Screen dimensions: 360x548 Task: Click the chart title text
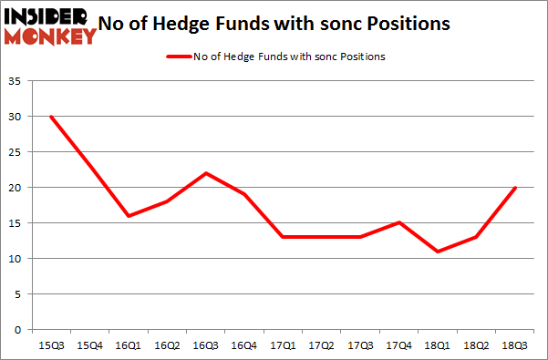coord(274,25)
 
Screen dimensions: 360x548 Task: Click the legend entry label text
coord(289,57)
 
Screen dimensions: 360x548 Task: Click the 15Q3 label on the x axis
coord(50,345)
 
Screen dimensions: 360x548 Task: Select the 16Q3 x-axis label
coord(204,345)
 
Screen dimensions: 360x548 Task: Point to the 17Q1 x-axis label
coord(282,345)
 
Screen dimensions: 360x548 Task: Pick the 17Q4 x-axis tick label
coord(398,345)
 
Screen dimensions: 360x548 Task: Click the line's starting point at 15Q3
coord(51,117)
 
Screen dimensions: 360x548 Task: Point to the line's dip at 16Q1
coord(129,216)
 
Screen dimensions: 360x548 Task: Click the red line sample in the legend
coord(178,57)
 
